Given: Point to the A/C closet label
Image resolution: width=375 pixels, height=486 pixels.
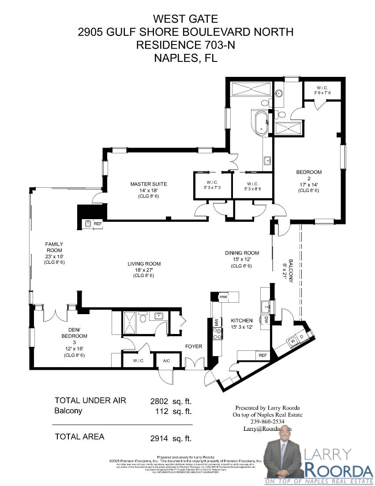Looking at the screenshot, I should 167,361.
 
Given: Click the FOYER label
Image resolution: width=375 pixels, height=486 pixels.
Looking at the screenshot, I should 193,346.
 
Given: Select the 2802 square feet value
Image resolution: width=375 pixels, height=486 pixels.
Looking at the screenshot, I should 159,401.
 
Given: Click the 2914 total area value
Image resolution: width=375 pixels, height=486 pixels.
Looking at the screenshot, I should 159,438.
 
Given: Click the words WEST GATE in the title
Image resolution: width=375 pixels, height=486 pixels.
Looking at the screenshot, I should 185,19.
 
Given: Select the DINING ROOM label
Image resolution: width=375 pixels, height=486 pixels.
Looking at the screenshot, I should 241,253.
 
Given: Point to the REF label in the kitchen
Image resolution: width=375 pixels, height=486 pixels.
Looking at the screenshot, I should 262,355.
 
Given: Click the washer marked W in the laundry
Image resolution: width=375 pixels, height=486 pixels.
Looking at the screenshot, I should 292,341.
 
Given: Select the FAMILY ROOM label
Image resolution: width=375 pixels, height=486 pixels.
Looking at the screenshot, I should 54,247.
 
